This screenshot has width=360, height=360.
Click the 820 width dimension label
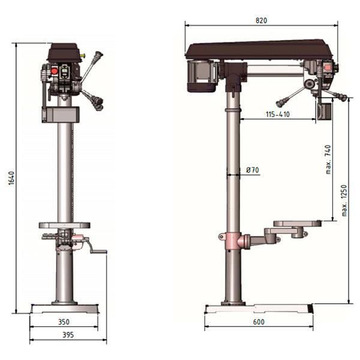pyautogui.click(x=261, y=20)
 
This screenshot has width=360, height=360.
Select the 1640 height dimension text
pyautogui.click(x=11, y=178)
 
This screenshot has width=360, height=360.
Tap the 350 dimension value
pyautogui.click(x=64, y=322)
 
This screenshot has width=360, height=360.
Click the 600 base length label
pyautogui.click(x=259, y=322)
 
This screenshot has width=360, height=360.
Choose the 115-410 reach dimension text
pyautogui.click(x=278, y=114)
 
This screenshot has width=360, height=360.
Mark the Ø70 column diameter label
pyautogui.click(x=253, y=170)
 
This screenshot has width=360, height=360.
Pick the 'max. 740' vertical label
pyautogui.click(x=328, y=160)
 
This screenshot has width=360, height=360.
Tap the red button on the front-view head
pyautogui.click(x=55, y=71)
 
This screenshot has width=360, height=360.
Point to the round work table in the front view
pyautogui.click(x=65, y=226)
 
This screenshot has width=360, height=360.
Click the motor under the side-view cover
pyautogui.click(x=202, y=76)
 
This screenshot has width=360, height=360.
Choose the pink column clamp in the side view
pyautogui.click(x=232, y=241)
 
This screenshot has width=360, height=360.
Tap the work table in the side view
pyautogui.click(x=296, y=224)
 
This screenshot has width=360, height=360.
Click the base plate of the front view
pyautogui.click(x=64, y=308)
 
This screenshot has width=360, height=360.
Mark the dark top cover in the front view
pyautogui.click(x=65, y=52)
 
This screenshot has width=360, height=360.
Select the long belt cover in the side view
pyautogui.click(x=258, y=49)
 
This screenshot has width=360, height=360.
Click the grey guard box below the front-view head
pyautogui.click(x=61, y=114)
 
